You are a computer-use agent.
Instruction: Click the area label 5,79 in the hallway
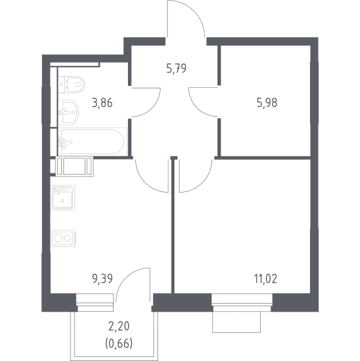176,69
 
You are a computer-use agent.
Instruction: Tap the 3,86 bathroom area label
102,103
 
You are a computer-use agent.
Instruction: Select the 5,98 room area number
267,103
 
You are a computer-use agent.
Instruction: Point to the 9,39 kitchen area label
102,279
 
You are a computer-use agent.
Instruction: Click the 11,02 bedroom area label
266,279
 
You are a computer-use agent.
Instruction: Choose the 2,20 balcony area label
119,326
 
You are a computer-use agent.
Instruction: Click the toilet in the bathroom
72,85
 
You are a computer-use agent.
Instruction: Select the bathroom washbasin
69,113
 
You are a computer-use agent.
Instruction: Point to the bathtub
93,142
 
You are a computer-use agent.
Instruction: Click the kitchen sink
63,198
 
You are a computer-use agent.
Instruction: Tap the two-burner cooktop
63,238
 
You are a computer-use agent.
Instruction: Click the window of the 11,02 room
242,299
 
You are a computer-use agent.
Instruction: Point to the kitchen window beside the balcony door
95,299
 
